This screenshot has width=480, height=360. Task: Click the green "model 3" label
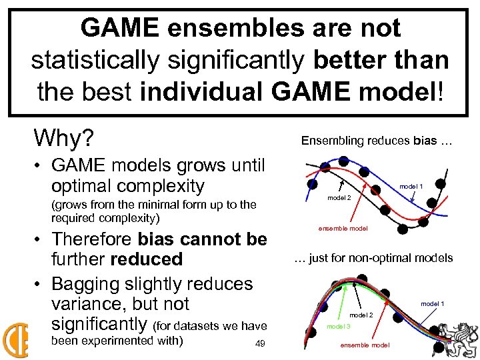pyautogui.click(x=339, y=326)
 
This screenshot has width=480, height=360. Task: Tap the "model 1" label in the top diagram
pyautogui.click(x=411, y=186)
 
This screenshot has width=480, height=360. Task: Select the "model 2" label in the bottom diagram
pyautogui.click(x=361, y=315)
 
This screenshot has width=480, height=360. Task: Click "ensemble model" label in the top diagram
pyautogui.click(x=343, y=229)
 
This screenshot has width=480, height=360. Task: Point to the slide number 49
pyautogui.click(x=261, y=344)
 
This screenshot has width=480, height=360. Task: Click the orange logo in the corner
pyautogui.click(x=15, y=341)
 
